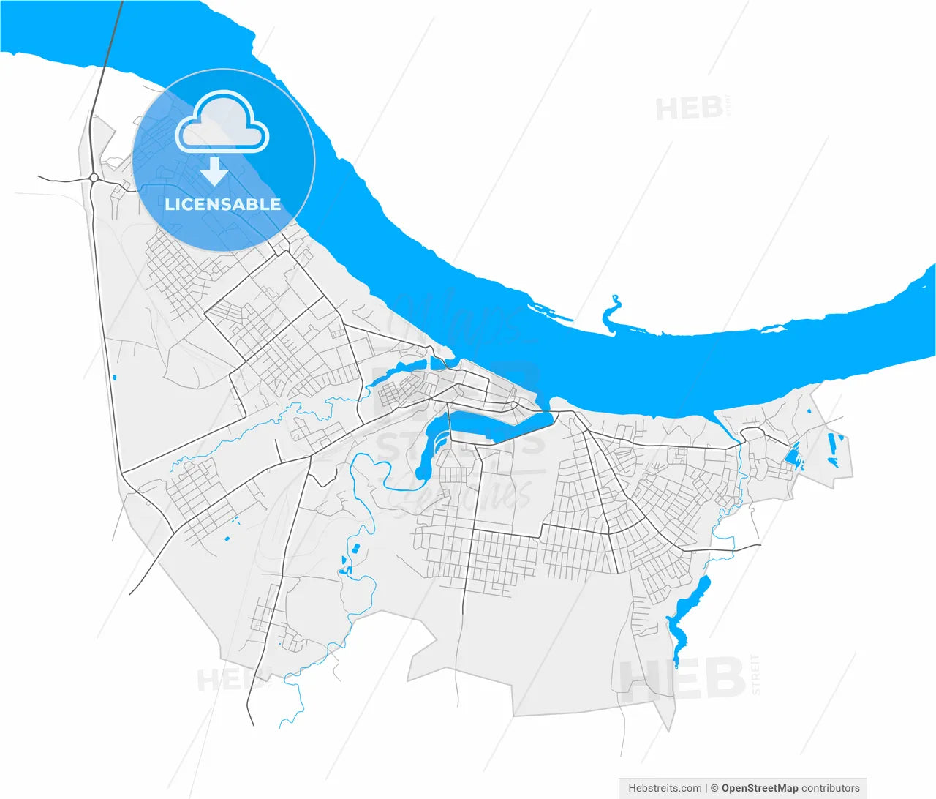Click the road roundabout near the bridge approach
tap(94, 177)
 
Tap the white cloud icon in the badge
tap(222, 123)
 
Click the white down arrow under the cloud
tap(214, 172)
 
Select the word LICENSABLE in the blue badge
tap(223, 205)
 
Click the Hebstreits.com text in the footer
tap(665, 788)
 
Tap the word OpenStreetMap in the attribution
tap(760, 788)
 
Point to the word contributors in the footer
tap(831, 788)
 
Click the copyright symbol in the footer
tap(714, 788)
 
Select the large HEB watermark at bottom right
tap(682, 679)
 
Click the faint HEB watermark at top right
tap(689, 109)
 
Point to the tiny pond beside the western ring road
tap(115, 378)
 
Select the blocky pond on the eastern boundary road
tap(792, 455)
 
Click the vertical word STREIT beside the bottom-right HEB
tap(756, 675)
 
